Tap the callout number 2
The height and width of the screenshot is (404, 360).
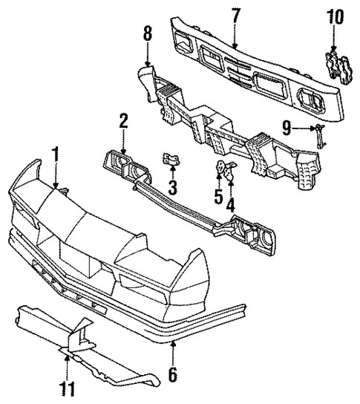124,120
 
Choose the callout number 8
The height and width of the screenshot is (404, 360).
147,33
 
